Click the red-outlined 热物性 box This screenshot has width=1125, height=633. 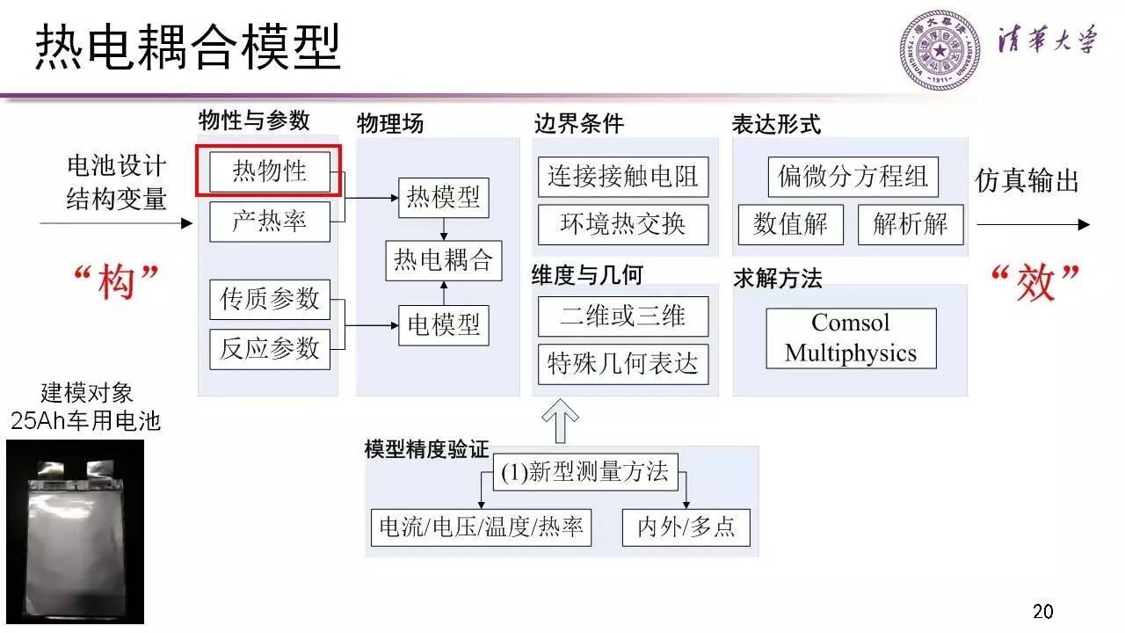[269, 171]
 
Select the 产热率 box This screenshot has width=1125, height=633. [269, 222]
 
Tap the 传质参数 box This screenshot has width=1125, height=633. [269, 298]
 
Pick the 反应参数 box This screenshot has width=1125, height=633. [269, 349]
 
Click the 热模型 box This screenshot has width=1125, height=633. [443, 198]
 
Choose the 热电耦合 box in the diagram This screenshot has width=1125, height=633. [443, 261]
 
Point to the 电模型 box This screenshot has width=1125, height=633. [443, 325]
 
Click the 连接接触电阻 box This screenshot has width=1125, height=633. [623, 177]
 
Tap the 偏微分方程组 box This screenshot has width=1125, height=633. [853, 177]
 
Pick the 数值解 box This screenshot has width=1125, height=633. [790, 225]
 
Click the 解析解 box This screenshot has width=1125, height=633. [910, 225]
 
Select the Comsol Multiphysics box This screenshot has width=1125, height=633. [851, 338]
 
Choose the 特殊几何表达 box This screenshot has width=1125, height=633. [623, 365]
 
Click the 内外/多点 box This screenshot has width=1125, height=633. [686, 527]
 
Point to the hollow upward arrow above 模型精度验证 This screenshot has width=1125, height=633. [561, 420]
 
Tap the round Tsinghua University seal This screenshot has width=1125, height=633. [940, 48]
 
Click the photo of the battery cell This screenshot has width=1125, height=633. [76, 531]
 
